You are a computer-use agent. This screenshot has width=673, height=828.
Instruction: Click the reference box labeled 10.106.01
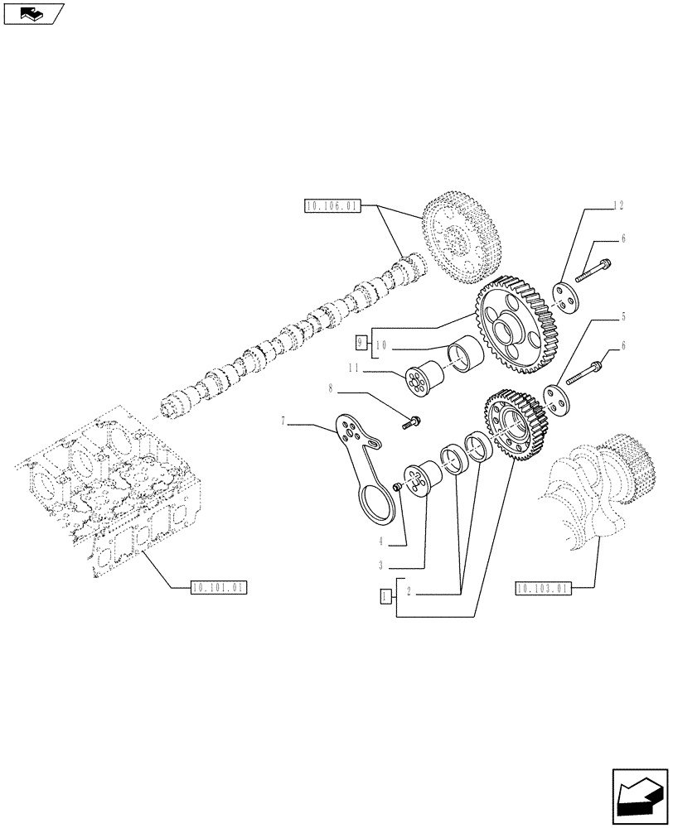pos(332,207)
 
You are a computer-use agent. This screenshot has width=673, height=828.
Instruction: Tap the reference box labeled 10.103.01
pos(542,589)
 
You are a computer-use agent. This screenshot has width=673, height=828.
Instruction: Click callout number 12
pos(617,205)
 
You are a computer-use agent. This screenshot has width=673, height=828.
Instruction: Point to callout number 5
pos(622,316)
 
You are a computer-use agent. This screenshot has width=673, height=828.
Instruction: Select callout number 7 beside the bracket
pos(284,422)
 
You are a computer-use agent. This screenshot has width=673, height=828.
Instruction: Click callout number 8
pos(332,387)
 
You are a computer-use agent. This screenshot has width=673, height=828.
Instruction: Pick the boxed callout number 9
pos(361,340)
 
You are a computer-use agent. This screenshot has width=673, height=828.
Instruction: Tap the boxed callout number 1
pos(385,595)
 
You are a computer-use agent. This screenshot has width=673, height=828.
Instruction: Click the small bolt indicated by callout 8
pos(411,422)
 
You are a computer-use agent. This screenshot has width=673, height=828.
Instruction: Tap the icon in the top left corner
pos(33,13)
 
